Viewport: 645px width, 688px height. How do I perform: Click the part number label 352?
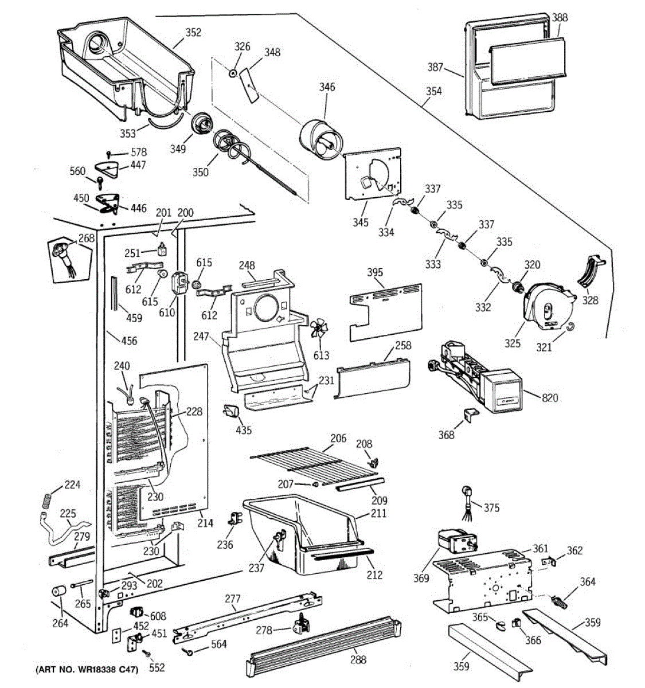coord(193,33)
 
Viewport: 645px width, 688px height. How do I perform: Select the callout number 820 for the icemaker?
coord(550,398)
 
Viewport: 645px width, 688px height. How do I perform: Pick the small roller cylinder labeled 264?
coord(59,591)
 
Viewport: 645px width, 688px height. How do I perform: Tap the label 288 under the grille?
coord(358,659)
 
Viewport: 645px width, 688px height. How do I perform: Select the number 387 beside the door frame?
coord(435,67)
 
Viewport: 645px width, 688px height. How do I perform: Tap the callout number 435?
coord(244,430)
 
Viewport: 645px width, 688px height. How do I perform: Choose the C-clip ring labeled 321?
coord(571,326)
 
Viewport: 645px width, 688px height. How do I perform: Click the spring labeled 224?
coord(48,501)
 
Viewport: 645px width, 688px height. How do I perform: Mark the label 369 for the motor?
coord(421,578)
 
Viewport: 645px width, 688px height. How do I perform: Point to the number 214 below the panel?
coord(205,523)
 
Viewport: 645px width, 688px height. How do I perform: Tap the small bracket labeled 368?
coord(471,414)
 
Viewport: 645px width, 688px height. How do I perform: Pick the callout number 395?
coord(375,272)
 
